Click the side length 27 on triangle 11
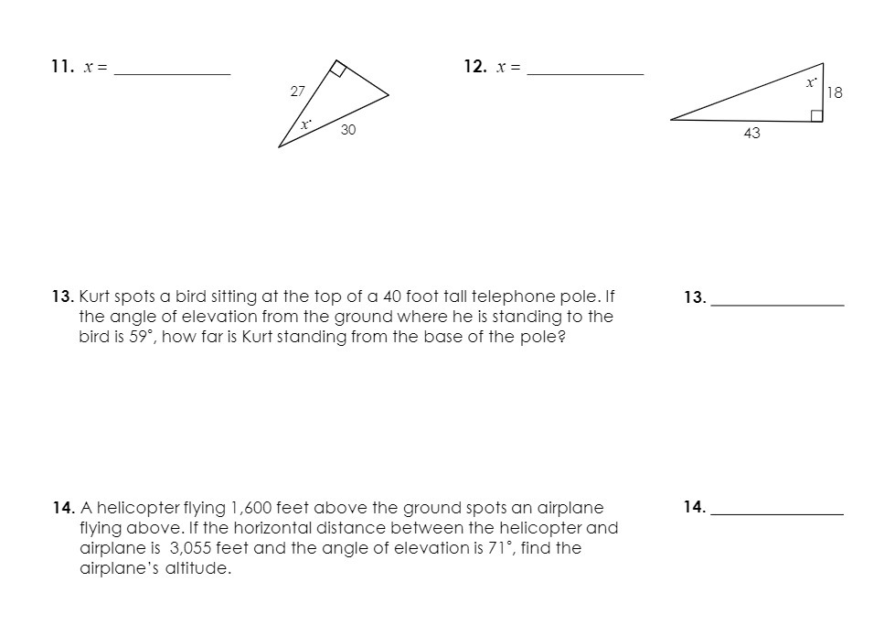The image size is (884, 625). pos(297,91)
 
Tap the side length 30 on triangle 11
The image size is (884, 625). pos(347,131)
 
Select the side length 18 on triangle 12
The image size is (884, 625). pos(834,92)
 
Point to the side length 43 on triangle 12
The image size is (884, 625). pos(752,134)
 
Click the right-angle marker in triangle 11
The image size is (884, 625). pos(338,70)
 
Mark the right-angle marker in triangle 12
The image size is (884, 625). pos(816,114)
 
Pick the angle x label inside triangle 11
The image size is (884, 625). pos(306,123)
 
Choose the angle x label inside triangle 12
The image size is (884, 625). pos(810,82)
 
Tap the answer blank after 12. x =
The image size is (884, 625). pos(586,72)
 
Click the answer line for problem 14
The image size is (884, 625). pos(777,513)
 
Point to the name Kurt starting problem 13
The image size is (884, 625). pos(95,296)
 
